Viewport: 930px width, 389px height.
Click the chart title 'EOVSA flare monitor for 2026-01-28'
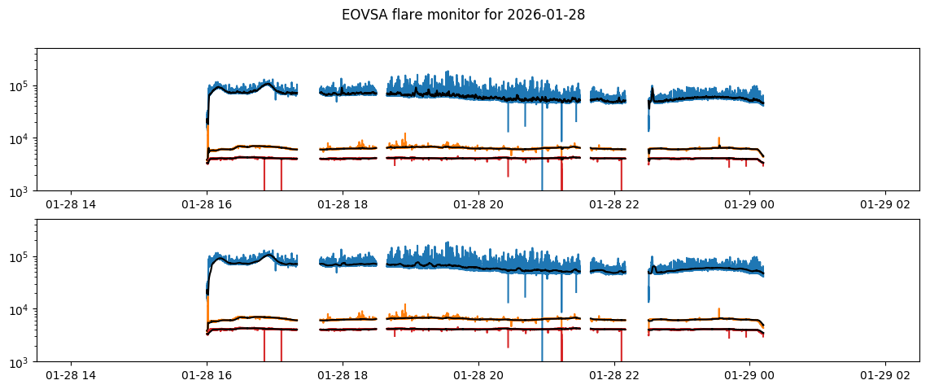463,15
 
